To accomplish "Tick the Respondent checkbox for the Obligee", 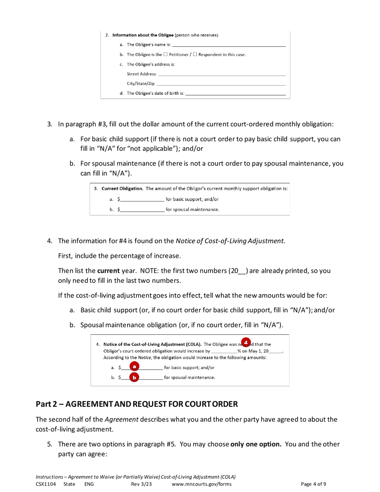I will [195, 54].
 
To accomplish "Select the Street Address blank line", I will [222, 74].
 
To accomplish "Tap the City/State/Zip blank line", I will [221, 84].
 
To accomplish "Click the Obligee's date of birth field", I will [236, 94].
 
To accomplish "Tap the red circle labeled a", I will [134, 366].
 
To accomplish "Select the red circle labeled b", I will [134, 377].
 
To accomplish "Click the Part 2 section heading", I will [137, 404].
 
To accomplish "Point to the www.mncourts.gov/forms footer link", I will [202, 484].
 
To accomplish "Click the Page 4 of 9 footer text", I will [313, 484].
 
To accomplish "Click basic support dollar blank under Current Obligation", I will [142, 199].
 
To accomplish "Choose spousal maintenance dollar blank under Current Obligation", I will [142, 210].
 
